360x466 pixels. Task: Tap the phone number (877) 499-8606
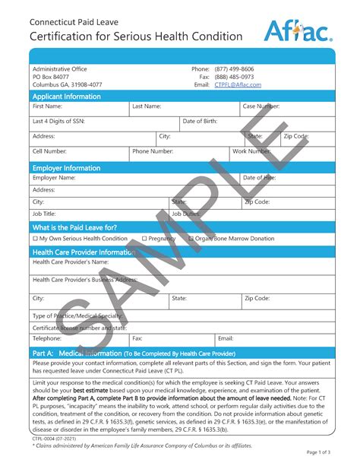click(x=234, y=69)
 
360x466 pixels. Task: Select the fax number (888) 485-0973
click(x=234, y=77)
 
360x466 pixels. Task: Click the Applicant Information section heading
click(x=67, y=97)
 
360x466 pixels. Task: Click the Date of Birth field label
click(x=200, y=122)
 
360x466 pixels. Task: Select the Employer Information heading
click(x=67, y=167)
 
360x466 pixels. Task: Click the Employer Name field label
click(x=54, y=178)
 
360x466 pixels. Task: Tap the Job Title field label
click(x=45, y=214)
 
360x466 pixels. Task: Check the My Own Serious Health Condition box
click(x=35, y=239)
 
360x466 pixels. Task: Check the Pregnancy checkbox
click(x=144, y=239)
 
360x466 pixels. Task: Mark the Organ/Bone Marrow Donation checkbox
click(x=191, y=239)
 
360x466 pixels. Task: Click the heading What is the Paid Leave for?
click(x=74, y=227)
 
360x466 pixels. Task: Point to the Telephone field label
click(x=47, y=338)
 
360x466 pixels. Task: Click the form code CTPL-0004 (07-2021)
click(x=54, y=439)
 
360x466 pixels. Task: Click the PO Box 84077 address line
click(x=51, y=77)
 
